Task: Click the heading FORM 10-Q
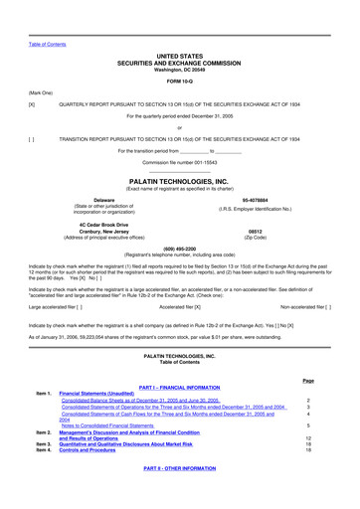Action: coord(179,81)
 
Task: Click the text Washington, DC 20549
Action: coord(179,70)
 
